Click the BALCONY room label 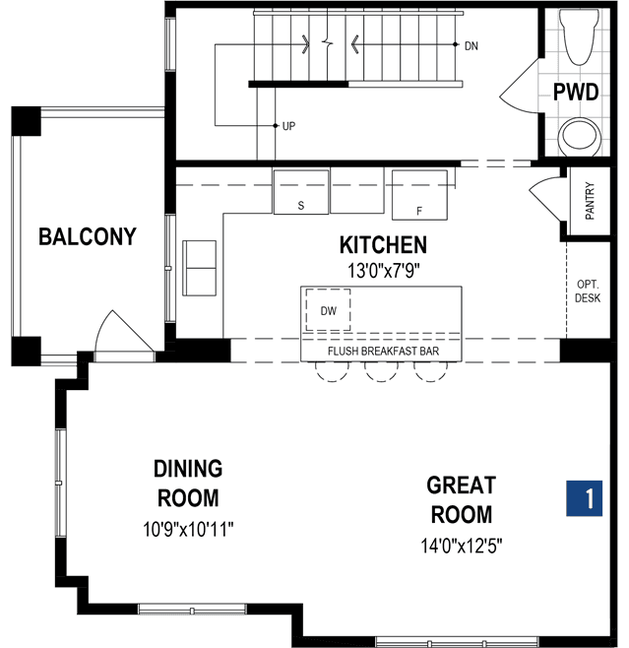coord(88,236)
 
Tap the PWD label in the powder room coord(576,92)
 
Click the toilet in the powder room coord(579,36)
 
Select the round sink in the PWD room coord(579,136)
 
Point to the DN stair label coord(472,46)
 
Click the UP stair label coord(288,126)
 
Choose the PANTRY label coord(590,201)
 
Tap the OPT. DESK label coord(588,291)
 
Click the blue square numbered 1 coord(584,498)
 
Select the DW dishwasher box coord(328,310)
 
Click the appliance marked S coord(301,192)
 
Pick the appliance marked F coord(419,195)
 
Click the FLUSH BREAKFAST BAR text coord(383,352)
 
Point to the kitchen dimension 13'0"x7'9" coord(383,271)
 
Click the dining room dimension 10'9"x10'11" coord(188,529)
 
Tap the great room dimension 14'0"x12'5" coord(462,546)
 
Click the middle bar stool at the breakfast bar coord(381,371)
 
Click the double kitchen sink coord(200,268)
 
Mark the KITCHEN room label coord(383,244)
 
